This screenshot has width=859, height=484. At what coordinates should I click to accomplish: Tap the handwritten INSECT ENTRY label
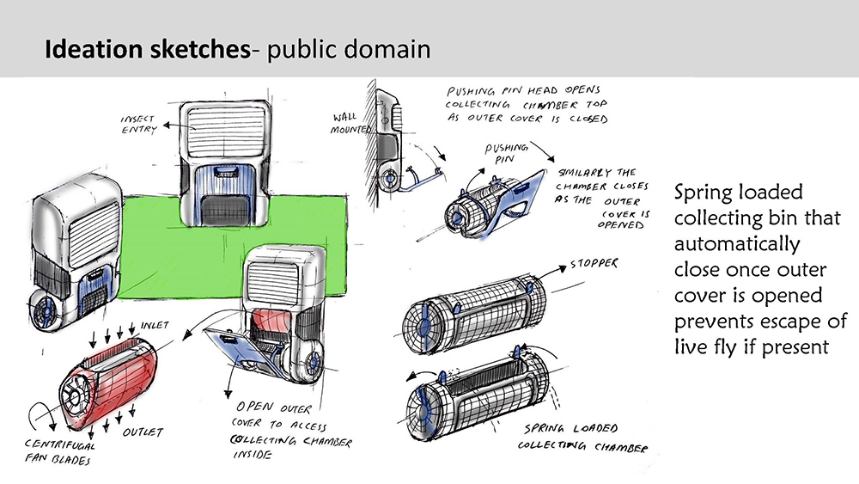(138, 125)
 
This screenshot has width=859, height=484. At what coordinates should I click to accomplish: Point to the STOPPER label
(594, 264)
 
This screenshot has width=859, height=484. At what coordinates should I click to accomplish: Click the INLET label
(155, 325)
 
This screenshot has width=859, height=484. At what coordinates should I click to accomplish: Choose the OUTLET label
(143, 432)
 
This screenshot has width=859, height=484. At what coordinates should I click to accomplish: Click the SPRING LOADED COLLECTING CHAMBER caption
(583, 438)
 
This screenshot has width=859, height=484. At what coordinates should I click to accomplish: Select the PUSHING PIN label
(506, 154)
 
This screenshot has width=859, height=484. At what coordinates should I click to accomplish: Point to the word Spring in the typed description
(706, 193)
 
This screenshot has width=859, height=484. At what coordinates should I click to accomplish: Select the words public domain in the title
(349, 49)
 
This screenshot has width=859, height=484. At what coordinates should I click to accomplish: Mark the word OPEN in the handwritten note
(255, 407)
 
